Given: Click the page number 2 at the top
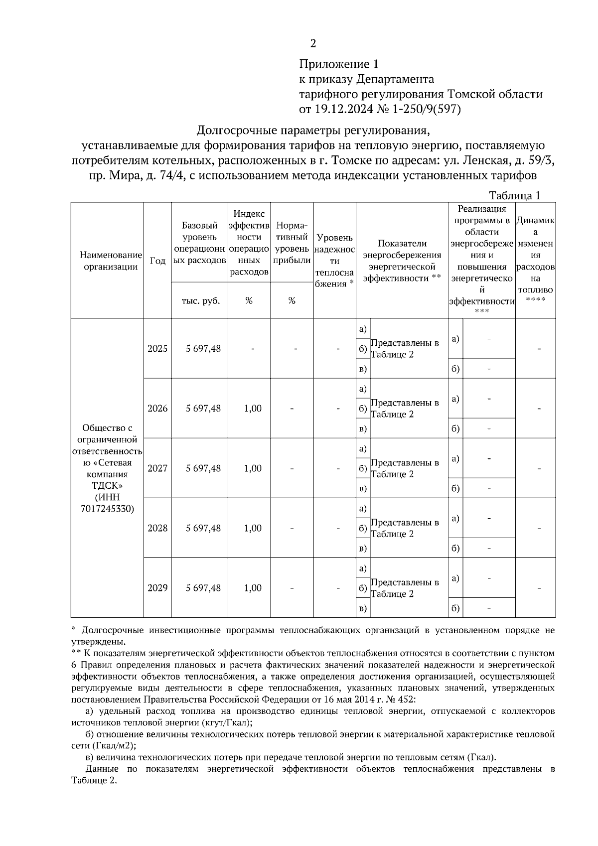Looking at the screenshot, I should (x=313, y=44).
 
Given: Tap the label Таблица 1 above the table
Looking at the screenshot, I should (x=514, y=196).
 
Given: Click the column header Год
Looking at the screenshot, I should (x=157, y=261).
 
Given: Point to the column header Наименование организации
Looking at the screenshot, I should (x=108, y=261).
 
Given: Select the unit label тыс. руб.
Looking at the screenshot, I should (x=200, y=300).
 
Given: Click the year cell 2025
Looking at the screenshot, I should (x=157, y=349).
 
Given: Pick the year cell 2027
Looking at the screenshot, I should (x=157, y=468).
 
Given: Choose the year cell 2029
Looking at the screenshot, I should (x=157, y=588).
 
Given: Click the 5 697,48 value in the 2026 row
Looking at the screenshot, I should (x=203, y=409).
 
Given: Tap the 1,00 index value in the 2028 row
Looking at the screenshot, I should (x=253, y=528).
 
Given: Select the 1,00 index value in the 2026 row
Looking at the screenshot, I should (x=253, y=409).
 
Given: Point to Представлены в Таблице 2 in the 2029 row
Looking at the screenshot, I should (x=405, y=588).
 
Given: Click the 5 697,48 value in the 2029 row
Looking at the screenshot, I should (x=203, y=588).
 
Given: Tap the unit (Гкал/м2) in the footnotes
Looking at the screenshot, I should (x=114, y=746).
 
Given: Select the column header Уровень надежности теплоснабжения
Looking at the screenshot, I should (x=334, y=261).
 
